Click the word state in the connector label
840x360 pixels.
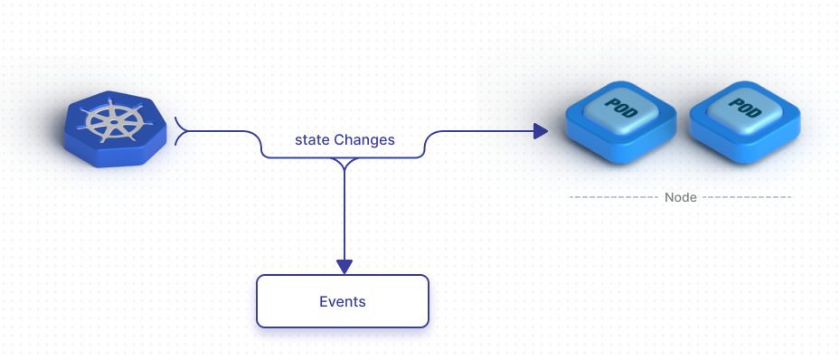click(x=312, y=140)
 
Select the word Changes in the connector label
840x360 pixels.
click(x=364, y=140)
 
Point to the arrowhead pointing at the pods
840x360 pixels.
click(x=541, y=132)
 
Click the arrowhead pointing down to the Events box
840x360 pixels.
click(x=344, y=266)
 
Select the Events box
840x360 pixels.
click(x=343, y=301)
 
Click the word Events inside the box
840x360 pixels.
click(x=343, y=301)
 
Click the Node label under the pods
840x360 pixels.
click(x=680, y=197)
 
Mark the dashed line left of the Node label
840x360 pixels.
click(x=612, y=197)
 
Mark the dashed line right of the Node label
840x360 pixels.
click(x=747, y=197)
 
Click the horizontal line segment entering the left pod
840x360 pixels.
click(x=488, y=132)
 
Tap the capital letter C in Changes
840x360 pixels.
click(x=339, y=140)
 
